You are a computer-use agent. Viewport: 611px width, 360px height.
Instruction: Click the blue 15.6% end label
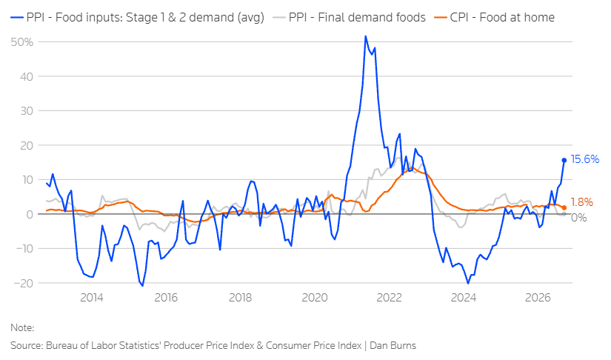coord(584,159)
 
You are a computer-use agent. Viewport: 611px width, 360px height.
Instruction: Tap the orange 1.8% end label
coord(582,201)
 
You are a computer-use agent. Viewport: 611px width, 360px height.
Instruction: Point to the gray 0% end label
coord(578,217)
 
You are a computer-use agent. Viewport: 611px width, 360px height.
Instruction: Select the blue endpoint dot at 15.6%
coord(564,160)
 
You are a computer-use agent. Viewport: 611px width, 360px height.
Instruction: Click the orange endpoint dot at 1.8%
coord(564,207)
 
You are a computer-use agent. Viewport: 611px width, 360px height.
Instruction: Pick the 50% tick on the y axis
coord(21,42)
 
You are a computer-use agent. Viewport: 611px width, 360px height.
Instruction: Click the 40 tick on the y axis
coord(27,76)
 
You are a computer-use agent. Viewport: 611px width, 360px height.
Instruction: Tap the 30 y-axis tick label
coord(27,110)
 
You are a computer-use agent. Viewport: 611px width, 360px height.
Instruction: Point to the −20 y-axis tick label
coord(24,283)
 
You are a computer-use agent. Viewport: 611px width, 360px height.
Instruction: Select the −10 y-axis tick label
coord(24,249)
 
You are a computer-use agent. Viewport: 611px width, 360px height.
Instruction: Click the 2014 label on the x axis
coord(92,298)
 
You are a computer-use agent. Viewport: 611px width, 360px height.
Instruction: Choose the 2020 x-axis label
coord(315,298)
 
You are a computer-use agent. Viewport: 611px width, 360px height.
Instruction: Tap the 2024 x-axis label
coord(464,298)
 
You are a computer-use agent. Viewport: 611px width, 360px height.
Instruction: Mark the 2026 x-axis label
coord(538,298)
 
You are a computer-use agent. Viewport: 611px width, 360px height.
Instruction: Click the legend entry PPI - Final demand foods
coord(349,18)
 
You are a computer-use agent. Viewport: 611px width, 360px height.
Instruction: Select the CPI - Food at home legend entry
coord(495,18)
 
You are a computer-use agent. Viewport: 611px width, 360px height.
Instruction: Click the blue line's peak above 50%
coord(366,36)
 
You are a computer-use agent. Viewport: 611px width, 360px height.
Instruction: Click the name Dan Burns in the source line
coord(393,346)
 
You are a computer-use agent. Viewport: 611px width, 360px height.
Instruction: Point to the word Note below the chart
coord(22,327)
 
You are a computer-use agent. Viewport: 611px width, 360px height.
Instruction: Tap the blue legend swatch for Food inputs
coord(17,18)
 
